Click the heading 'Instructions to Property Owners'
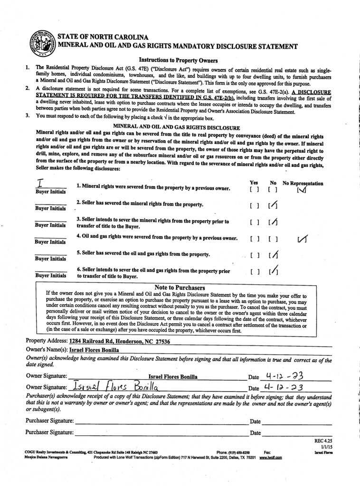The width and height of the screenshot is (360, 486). pyautogui.click(x=178, y=60)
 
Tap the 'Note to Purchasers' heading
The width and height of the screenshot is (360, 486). pyautogui.click(x=180, y=288)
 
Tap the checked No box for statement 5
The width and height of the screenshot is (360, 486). pyautogui.click(x=273, y=255)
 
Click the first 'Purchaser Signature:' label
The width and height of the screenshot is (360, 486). pyautogui.click(x=49, y=421)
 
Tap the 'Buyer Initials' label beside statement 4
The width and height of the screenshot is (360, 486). pyautogui.click(x=50, y=242)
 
